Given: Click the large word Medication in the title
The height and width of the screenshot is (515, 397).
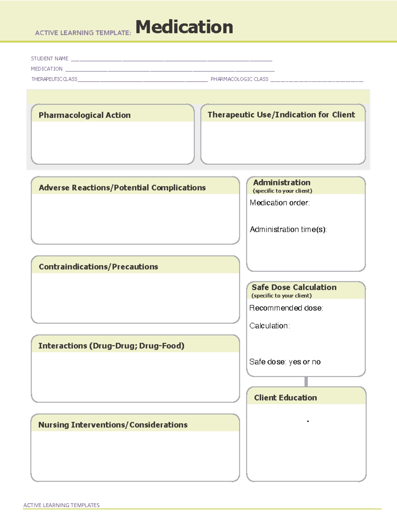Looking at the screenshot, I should point(184,27).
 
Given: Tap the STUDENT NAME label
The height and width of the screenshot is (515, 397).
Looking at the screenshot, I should point(50,59).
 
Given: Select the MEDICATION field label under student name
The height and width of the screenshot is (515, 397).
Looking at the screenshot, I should point(47,69).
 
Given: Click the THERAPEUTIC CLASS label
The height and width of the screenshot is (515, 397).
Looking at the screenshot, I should point(54,79).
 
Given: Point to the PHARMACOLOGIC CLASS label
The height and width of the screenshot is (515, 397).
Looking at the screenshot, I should point(240,79).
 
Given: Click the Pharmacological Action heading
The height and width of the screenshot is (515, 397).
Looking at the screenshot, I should point(85,115).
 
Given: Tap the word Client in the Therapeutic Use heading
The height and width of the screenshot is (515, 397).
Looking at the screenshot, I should point(343,115).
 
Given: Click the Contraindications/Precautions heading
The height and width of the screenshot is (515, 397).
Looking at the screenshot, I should point(98,267).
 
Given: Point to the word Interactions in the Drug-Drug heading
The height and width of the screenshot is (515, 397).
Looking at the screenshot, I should point(63,346).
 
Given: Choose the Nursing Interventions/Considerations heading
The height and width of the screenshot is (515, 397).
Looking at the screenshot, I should point(113,425).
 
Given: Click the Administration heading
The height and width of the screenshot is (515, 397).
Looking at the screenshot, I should point(282,183).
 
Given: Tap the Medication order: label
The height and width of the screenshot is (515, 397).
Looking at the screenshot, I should point(280,203).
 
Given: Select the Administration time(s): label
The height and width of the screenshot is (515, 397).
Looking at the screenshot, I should point(288,229).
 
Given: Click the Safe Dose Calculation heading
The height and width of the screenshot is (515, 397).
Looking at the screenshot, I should point(294,287).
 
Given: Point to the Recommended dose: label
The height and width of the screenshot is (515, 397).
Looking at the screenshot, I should point(286,308).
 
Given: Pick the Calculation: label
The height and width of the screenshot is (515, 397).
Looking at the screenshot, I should point(270,326).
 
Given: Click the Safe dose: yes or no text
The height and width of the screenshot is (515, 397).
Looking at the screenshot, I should point(285,362).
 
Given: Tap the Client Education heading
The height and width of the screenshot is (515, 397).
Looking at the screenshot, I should point(286,398).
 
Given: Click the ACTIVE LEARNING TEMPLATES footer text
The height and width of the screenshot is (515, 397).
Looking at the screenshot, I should point(62,505).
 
